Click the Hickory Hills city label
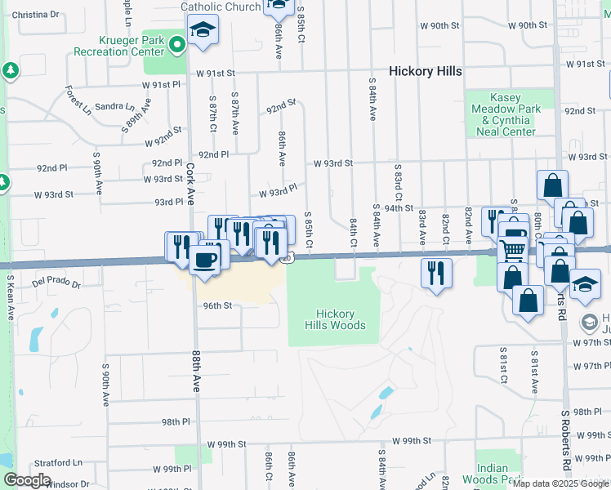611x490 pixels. point(425,71)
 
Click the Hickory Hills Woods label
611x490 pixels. point(335,319)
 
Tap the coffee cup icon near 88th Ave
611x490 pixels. point(203,260)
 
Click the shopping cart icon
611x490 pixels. point(513,249)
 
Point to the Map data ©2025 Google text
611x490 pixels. point(560,483)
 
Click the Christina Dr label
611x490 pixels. point(37,15)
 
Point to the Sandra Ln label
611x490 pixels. point(114,106)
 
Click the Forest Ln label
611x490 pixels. point(79,100)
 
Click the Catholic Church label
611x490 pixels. point(221,7)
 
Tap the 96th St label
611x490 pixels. point(218,305)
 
